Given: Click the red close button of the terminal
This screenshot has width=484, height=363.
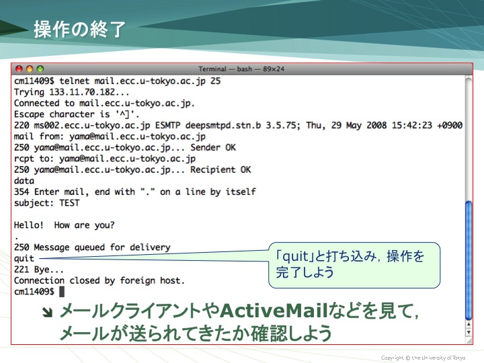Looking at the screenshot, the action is [19, 69].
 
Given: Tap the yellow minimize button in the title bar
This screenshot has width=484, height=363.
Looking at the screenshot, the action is [30, 69].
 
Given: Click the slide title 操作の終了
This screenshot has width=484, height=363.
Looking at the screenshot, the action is [79, 30].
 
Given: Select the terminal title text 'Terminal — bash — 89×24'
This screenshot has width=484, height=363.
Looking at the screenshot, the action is [241, 69].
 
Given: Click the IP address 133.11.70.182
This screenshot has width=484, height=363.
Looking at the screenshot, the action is [81, 92].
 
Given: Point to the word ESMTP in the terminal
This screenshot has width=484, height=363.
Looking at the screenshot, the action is [167, 125].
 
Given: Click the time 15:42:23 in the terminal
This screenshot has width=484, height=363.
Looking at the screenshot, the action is [412, 125].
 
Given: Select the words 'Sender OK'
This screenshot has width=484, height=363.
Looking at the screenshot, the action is [213, 147].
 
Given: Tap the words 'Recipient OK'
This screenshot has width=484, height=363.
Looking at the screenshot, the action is [220, 170].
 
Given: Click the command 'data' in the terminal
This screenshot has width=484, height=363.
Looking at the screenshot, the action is [24, 181].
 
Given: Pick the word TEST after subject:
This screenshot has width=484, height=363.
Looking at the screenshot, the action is [69, 203].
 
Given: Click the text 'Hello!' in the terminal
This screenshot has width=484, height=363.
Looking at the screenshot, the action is [29, 225].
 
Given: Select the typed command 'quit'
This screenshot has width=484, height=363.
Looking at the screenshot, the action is [24, 259].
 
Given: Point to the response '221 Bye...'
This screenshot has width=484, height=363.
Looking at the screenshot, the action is [39, 270].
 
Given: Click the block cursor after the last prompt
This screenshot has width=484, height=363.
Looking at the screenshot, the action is [62, 291].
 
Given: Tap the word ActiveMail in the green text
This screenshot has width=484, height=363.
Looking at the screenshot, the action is [274, 311].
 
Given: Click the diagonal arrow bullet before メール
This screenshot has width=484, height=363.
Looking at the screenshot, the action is [47, 313].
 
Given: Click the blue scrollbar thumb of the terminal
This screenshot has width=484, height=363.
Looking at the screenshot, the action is [469, 261].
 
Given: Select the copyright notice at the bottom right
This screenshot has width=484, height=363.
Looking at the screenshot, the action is [423, 358].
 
